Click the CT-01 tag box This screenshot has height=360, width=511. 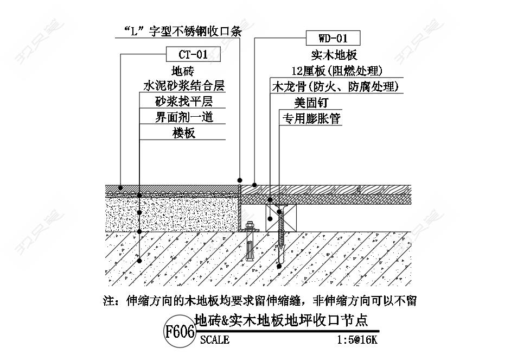[193, 54]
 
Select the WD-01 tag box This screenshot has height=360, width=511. [333, 38]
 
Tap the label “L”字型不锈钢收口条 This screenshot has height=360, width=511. [182, 31]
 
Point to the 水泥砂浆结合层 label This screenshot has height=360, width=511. [184, 86]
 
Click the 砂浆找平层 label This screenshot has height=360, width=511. [184, 102]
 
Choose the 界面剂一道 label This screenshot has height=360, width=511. [184, 117]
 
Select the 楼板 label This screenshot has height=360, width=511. [184, 133]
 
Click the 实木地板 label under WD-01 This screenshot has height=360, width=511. [334, 55]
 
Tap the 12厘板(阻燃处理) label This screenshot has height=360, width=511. [337, 71]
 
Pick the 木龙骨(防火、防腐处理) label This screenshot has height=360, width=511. [336, 86]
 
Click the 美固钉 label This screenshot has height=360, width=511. [311, 103]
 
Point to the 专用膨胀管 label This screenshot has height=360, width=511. [311, 118]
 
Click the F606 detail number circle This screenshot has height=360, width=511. [180, 332]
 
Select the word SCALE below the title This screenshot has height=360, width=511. [215, 340]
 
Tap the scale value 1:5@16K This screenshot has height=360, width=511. [357, 340]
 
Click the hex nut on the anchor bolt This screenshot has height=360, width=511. [250, 225]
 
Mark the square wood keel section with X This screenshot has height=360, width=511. [281, 218]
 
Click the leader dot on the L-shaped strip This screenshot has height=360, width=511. [240, 180]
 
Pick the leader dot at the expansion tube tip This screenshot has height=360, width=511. [279, 267]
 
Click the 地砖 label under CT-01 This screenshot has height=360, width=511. [183, 71]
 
